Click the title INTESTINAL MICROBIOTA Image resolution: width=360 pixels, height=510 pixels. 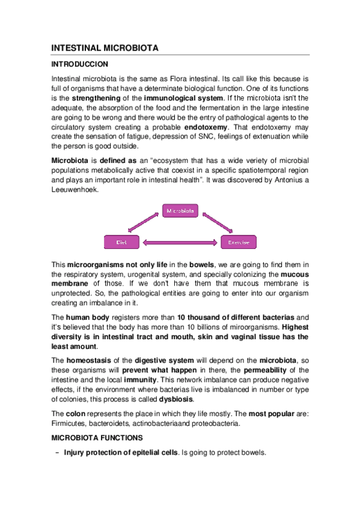click(x=105, y=48)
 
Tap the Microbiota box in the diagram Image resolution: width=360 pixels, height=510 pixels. click(x=180, y=211)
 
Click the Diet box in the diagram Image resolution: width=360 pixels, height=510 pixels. click(x=122, y=243)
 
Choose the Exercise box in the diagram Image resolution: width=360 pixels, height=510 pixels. click(x=239, y=243)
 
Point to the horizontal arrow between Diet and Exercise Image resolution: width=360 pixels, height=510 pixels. click(x=180, y=243)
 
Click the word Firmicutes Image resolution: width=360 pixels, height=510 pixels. click(x=69, y=424)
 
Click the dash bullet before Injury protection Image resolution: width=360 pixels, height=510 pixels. click(x=56, y=453)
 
